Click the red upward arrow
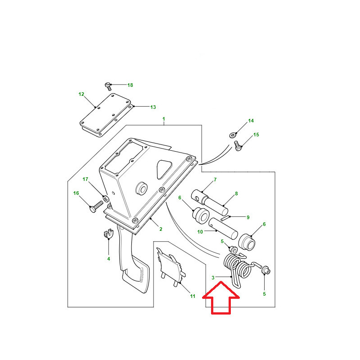point(221,298)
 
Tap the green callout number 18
point(130,85)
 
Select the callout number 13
point(153,107)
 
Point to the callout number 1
point(164,119)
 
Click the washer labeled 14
point(233,135)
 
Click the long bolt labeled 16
point(96,207)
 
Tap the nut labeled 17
point(106,198)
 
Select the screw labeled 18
point(108,86)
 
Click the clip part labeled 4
point(108,234)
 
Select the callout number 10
point(200,232)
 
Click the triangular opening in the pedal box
point(164,169)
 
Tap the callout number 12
point(81,94)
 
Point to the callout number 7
point(215,180)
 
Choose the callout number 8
point(237,193)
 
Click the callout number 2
point(161,229)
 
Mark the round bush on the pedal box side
point(141,188)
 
